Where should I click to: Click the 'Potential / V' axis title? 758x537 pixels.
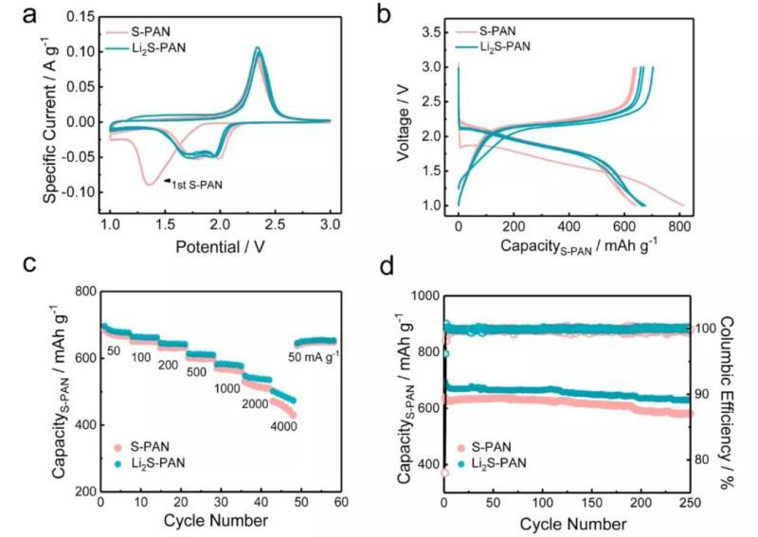(220, 249)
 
